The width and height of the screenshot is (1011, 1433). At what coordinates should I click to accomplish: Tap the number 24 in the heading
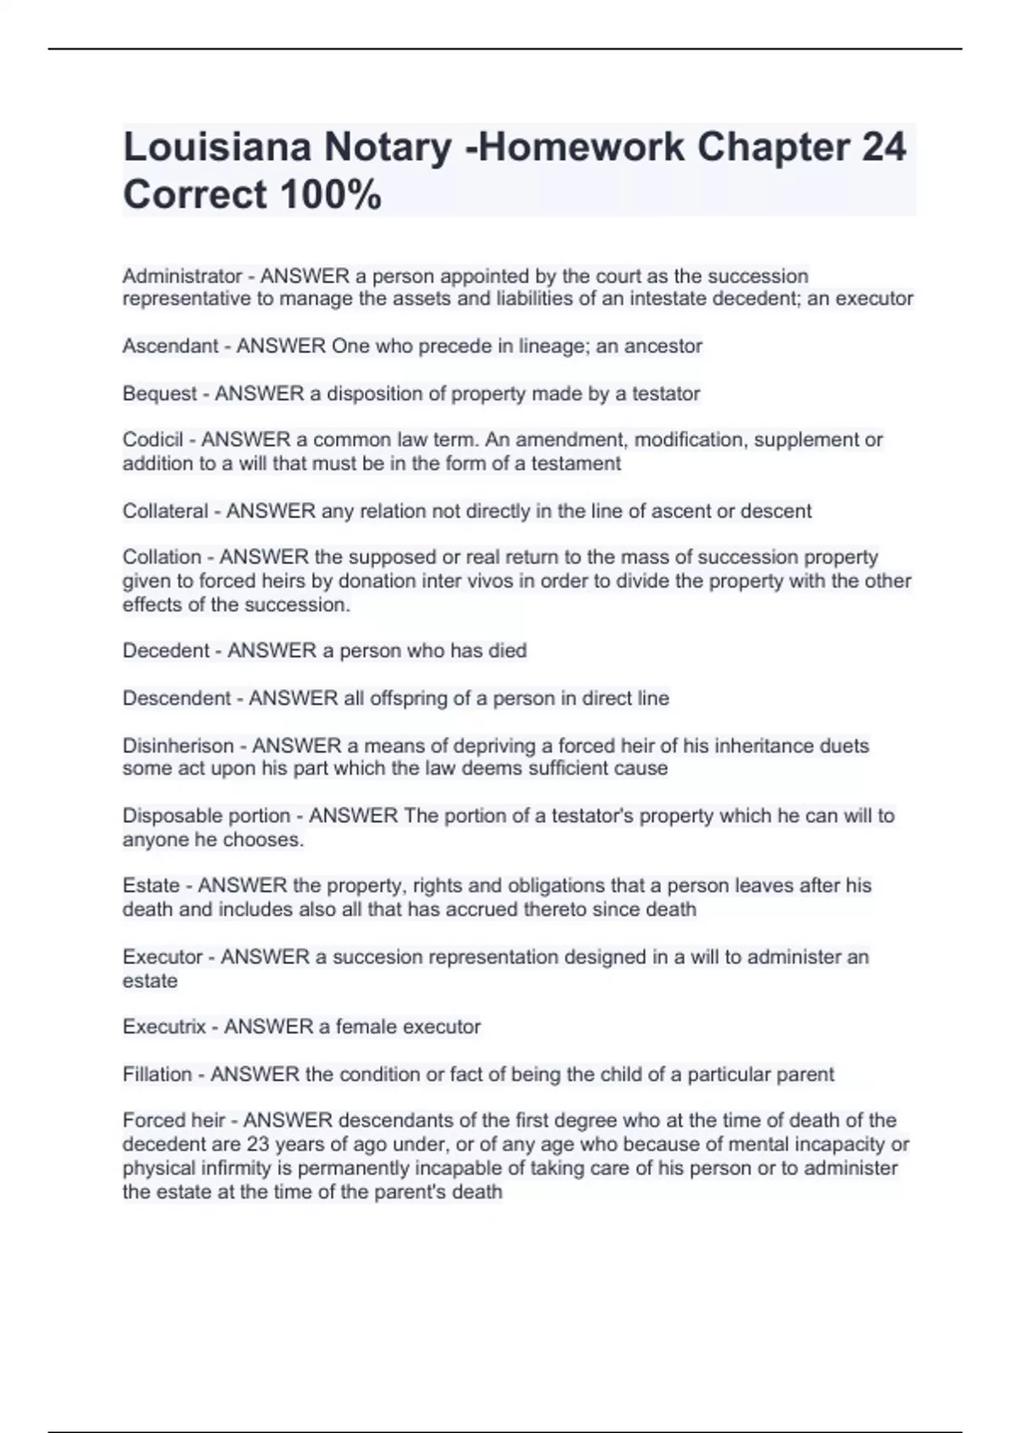click(x=884, y=148)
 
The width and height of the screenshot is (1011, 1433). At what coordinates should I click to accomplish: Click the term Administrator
click(x=182, y=276)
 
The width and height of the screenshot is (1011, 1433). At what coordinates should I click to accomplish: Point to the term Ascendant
click(x=170, y=346)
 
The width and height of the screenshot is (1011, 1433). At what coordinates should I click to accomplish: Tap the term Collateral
click(x=165, y=511)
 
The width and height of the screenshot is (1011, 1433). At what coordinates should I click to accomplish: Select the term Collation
click(x=162, y=557)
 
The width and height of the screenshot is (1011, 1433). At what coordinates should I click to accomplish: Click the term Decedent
click(x=166, y=651)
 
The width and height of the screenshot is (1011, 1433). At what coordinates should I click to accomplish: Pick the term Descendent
click(x=176, y=699)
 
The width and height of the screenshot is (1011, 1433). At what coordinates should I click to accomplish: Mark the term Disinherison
click(x=178, y=746)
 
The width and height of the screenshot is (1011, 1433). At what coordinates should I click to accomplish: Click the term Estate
click(x=151, y=886)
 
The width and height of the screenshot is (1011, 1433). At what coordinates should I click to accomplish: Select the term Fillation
click(x=157, y=1075)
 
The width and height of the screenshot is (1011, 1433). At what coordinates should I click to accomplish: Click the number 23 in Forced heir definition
click(x=258, y=1145)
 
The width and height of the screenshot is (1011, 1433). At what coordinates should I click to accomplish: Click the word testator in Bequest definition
click(x=666, y=394)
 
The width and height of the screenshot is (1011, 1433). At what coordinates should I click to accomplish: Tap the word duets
click(x=846, y=746)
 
